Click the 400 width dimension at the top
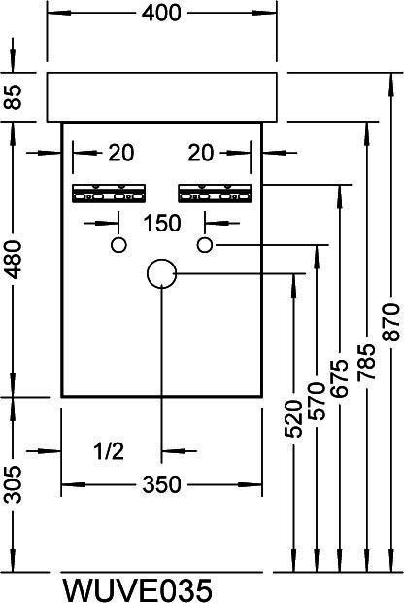click(x=161, y=13)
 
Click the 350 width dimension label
click(x=161, y=484)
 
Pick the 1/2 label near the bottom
click(x=109, y=451)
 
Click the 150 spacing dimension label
click(x=161, y=223)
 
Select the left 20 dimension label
click(x=121, y=153)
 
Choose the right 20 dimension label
click(x=200, y=153)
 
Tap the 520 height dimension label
click(x=293, y=419)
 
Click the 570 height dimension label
click(x=318, y=401)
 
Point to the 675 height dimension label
click(x=340, y=378)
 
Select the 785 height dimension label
click(x=366, y=362)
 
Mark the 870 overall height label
click(x=391, y=322)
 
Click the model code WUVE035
click(x=137, y=589)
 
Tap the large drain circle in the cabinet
click(x=148, y=273)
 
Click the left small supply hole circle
click(x=112, y=245)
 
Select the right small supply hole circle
click(x=198, y=245)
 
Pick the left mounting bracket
click(x=109, y=194)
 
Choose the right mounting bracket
click(x=215, y=194)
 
